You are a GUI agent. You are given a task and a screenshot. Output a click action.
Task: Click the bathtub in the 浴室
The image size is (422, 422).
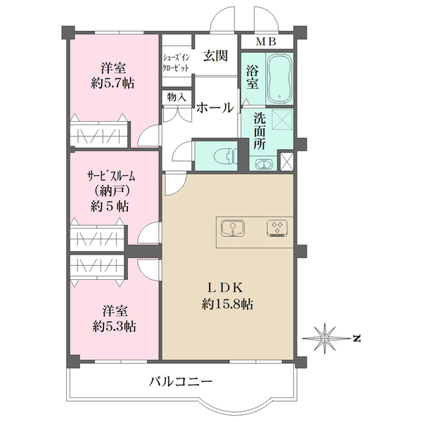[x=280, y=79]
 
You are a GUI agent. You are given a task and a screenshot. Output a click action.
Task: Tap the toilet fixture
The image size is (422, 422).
[x=226, y=156]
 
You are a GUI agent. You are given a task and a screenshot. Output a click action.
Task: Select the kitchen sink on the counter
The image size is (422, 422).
[x=233, y=228]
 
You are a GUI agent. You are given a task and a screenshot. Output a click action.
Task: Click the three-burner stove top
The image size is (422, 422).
[x=277, y=229]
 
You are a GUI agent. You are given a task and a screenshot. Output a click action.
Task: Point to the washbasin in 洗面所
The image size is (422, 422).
[x=264, y=164]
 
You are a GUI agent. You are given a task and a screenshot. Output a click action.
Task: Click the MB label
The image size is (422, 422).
[x=266, y=41]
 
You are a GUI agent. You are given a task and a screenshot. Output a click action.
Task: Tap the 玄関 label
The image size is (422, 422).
[x=215, y=56]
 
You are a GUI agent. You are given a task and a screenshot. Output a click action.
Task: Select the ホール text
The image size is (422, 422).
[x=215, y=108]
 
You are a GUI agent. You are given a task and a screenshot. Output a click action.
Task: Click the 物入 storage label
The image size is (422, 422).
[x=177, y=97]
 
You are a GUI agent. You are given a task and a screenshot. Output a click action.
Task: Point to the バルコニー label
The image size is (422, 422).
[x=181, y=382]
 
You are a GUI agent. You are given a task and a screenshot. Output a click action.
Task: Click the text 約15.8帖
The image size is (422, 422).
[x=227, y=305]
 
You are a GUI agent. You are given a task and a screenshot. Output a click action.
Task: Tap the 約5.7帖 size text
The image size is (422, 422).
[x=113, y=84]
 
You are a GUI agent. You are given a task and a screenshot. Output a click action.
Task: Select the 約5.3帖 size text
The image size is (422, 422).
[x=114, y=327]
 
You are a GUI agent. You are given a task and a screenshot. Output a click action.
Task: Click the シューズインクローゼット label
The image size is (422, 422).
[x=176, y=63]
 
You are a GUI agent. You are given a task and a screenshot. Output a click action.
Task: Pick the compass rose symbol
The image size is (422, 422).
[x=325, y=338]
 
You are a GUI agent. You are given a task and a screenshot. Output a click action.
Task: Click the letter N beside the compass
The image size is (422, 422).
[x=357, y=338]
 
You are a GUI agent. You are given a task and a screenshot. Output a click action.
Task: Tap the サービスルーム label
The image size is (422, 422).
[x=111, y=177]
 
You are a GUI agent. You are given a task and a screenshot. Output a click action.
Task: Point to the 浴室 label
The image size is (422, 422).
[x=252, y=77]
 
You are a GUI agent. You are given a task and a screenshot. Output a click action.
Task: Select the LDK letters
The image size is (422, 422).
[x=225, y=288]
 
